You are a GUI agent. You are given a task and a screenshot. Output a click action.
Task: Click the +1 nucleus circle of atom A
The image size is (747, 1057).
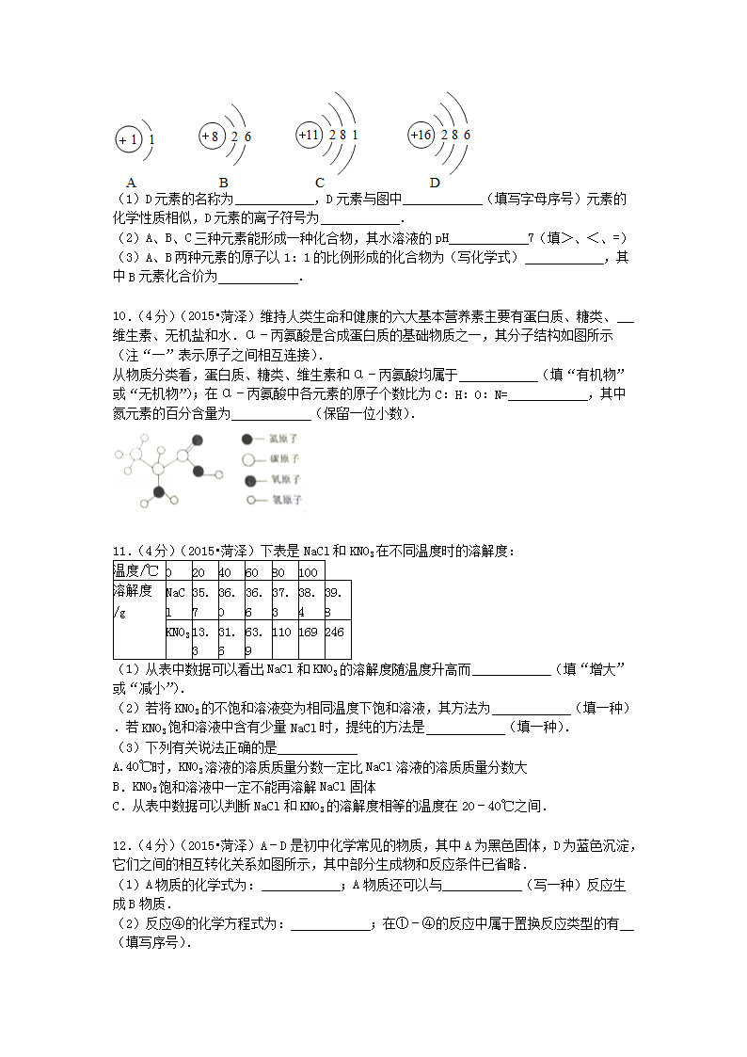pyautogui.click(x=128, y=141)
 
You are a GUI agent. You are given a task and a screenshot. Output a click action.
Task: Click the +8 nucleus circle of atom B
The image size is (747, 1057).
pyautogui.click(x=211, y=137)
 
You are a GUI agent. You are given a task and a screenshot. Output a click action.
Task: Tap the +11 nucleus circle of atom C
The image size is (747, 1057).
pyautogui.click(x=309, y=136)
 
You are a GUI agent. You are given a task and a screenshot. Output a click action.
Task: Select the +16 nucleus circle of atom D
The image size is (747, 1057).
pyautogui.click(x=421, y=136)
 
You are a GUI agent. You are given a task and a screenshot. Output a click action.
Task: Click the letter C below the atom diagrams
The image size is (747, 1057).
pyautogui.click(x=320, y=183)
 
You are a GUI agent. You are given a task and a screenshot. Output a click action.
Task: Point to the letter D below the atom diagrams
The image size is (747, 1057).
pyautogui.click(x=435, y=183)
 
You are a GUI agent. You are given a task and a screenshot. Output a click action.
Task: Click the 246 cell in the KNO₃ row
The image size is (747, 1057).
pyautogui.click(x=336, y=633)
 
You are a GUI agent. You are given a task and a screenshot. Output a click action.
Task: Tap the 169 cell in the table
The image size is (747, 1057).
pyautogui.click(x=310, y=633)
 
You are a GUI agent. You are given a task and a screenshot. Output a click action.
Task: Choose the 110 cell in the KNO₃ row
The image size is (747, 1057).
pyautogui.click(x=282, y=633)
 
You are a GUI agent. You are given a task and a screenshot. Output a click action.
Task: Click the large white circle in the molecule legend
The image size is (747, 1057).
pyautogui.click(x=247, y=459)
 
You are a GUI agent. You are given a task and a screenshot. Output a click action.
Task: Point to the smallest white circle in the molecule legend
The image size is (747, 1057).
pyautogui.click(x=250, y=499)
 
